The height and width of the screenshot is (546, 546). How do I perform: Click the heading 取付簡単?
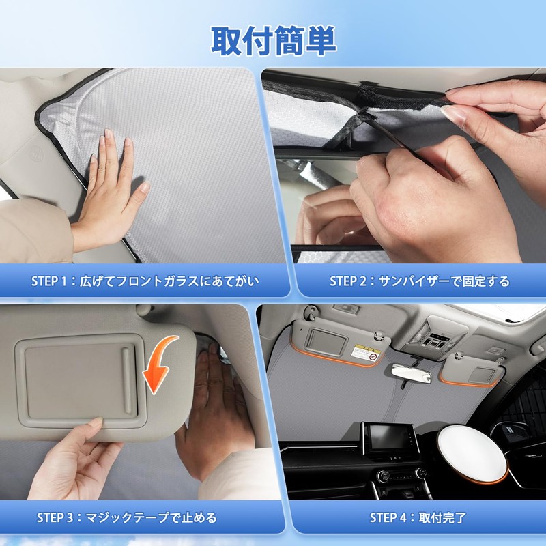[x=274, y=41]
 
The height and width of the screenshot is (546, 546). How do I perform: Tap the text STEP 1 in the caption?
[x=48, y=281]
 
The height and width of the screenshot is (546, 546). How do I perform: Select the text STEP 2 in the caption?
[x=348, y=281]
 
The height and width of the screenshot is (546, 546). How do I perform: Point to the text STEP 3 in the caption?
[x=55, y=518]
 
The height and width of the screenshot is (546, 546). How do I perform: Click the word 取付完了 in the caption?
[x=442, y=518]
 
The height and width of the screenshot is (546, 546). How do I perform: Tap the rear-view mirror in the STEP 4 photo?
[x=412, y=374]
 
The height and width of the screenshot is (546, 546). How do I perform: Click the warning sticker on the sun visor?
[x=364, y=353]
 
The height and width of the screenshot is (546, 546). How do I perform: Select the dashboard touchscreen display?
[x=389, y=439]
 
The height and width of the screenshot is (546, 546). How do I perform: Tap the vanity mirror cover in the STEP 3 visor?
[x=81, y=381]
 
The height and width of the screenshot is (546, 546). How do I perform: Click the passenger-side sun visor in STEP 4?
[x=472, y=370]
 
